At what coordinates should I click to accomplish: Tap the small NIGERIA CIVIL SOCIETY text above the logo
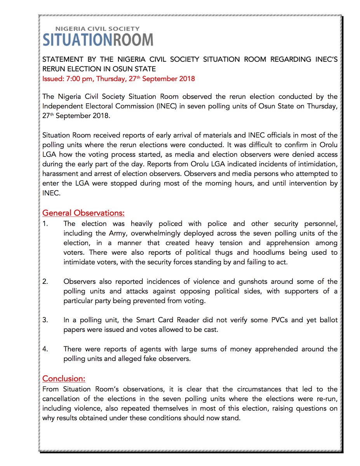click(x=97, y=29)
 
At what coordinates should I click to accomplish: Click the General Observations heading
click(x=83, y=213)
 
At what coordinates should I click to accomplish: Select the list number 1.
click(x=45, y=224)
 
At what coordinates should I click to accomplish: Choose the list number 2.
click(x=45, y=282)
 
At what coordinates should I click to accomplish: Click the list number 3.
click(x=45, y=320)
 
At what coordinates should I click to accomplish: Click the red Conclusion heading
click(x=64, y=379)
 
